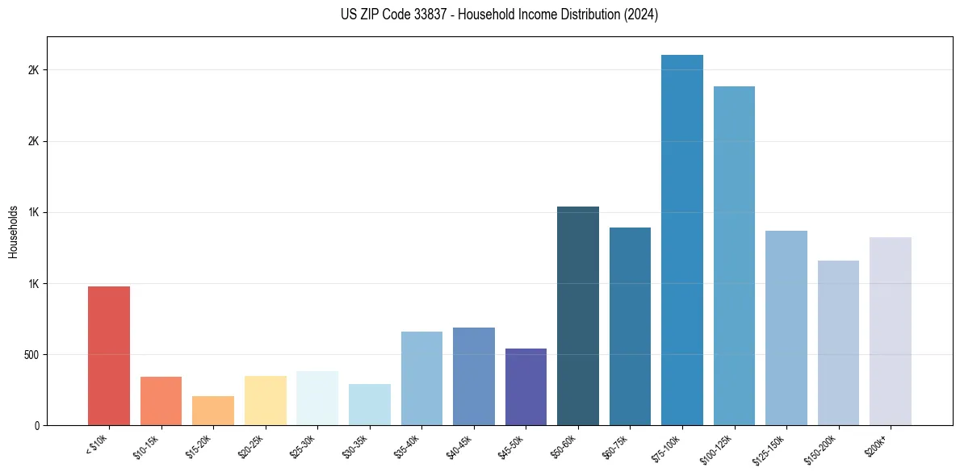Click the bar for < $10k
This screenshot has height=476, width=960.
(108, 356)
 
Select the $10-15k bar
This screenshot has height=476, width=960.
(161, 401)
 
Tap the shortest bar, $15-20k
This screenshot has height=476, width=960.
(213, 411)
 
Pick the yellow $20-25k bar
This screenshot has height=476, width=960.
(265, 401)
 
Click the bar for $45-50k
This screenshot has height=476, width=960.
(526, 387)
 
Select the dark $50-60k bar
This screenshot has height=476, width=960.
(578, 316)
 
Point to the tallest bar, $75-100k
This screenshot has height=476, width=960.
(682, 240)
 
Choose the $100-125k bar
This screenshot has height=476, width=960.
(734, 256)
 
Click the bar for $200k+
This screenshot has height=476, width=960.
(890, 332)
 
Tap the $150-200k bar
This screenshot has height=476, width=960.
(838, 343)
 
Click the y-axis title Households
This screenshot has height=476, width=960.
(14, 231)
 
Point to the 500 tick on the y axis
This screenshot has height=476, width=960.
(30, 354)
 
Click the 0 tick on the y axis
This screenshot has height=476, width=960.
(36, 425)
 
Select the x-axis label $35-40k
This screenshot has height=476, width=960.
(408, 446)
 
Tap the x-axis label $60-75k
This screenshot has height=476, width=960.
(616, 446)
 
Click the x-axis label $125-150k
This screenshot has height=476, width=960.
(770, 448)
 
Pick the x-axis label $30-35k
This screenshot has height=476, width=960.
(356, 446)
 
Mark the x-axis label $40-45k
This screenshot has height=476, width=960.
(460, 446)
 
